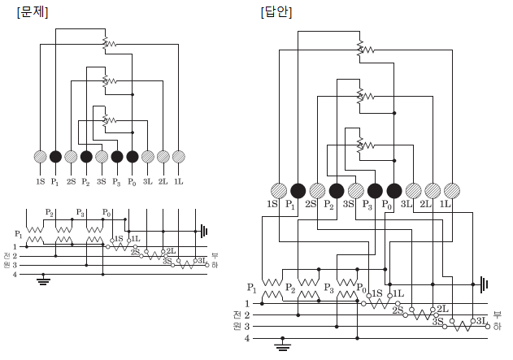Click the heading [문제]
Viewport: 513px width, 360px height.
(x=33, y=12)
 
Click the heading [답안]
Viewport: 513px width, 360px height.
(x=276, y=12)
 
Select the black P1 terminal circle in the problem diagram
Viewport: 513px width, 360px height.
(x=55, y=157)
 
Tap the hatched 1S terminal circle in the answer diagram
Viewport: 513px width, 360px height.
(x=279, y=191)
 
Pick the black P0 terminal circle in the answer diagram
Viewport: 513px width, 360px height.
(x=394, y=191)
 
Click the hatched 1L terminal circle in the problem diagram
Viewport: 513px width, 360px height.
(x=178, y=157)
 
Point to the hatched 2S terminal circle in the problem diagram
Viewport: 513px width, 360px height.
(x=71, y=157)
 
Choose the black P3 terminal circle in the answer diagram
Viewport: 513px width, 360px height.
(x=375, y=191)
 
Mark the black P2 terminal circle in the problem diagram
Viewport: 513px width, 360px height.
(x=86, y=157)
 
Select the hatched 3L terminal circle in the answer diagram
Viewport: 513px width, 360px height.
(x=414, y=191)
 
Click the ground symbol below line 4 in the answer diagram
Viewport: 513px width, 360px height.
(x=283, y=345)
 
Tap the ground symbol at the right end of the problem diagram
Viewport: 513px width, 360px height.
(x=204, y=231)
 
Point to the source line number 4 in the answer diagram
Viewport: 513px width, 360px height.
(x=246, y=338)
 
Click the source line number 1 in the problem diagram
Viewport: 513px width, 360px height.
(x=15, y=246)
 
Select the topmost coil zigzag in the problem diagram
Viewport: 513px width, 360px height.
(x=110, y=44)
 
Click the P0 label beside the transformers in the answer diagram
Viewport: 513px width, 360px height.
(x=362, y=288)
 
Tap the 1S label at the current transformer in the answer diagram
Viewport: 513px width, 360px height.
(x=377, y=293)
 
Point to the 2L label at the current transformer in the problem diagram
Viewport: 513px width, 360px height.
(x=171, y=251)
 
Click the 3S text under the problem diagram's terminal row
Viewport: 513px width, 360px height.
(x=102, y=181)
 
